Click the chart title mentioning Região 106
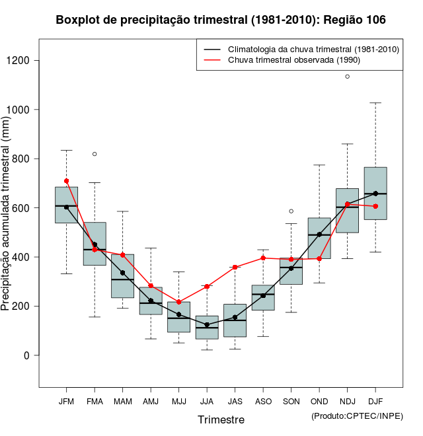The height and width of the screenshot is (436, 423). click(221, 20)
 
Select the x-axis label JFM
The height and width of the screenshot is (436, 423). click(66, 401)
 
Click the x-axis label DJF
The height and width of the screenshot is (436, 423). click(375, 401)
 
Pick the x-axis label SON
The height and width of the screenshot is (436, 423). click(291, 401)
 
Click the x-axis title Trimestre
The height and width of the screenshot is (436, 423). click(221, 419)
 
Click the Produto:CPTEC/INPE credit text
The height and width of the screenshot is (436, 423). click(357, 416)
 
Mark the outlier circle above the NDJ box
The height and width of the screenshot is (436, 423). click(348, 77)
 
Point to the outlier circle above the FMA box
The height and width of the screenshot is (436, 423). click(95, 154)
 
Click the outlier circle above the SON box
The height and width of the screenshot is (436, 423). click(291, 211)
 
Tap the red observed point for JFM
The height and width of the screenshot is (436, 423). click(66, 181)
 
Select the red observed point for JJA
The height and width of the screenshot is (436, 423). click(207, 286)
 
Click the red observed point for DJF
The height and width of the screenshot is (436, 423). click(375, 206)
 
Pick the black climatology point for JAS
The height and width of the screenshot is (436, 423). click(235, 317)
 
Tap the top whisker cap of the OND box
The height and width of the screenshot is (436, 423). click(319, 165)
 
